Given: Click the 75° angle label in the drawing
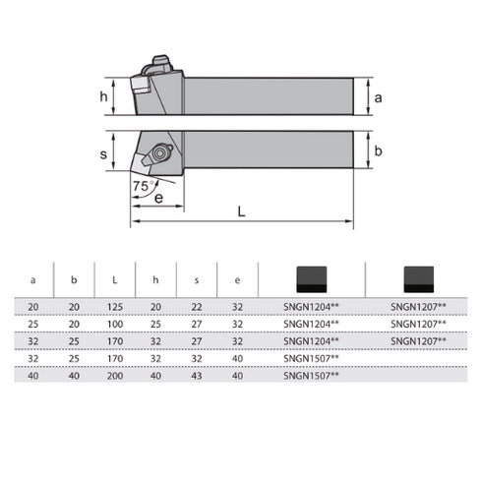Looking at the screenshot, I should point(142,186).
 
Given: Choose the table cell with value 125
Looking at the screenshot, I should point(116,307).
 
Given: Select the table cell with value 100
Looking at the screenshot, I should point(116,323).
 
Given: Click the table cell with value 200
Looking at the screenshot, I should point(116,375).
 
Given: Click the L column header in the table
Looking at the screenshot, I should point(116,279).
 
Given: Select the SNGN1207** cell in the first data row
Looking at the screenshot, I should point(417,307).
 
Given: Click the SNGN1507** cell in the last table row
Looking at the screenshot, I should point(311,375).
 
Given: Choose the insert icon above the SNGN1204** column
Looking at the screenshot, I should point(311,279).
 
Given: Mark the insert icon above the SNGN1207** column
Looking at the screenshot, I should point(417,279).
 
